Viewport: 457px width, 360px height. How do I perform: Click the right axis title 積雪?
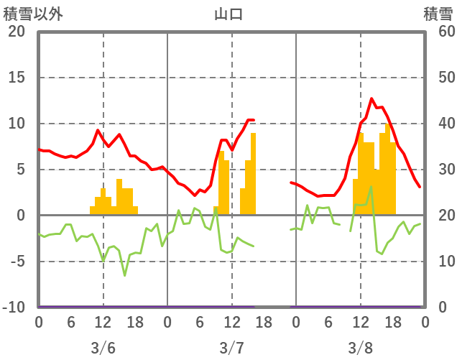[x=438, y=14]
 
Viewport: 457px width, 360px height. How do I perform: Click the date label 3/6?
[x=103, y=348]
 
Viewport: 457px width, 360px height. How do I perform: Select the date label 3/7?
[x=231, y=348]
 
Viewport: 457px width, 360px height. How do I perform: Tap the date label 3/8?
[x=361, y=348]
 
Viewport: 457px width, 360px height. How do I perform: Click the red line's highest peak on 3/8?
[x=371, y=98]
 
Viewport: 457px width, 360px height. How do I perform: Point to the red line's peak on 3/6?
[x=98, y=130]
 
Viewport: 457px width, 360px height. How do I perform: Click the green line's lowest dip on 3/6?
[x=124, y=275]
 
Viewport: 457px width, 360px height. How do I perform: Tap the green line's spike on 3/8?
[x=371, y=187]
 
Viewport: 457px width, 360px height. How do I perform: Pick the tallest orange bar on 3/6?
[x=119, y=196]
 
